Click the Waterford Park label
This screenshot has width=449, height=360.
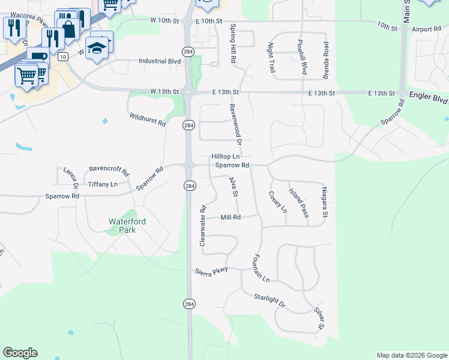pos(127,226)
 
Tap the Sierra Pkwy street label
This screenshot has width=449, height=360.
pos(211,271)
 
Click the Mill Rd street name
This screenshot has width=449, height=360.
pos(231,217)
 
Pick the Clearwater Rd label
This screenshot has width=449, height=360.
pos(203,226)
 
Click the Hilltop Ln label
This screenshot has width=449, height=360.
pos(226,156)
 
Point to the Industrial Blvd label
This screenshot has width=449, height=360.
pos(160,61)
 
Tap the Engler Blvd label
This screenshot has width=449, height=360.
pos(429,94)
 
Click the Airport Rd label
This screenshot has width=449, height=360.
pos(427,28)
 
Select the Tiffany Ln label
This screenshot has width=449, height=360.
pos(103,184)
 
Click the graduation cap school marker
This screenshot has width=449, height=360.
pos(97,47)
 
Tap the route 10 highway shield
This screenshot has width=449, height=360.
pos(62,56)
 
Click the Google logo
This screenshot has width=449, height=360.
pos(20,353)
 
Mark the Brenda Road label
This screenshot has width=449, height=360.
pos(327,61)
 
